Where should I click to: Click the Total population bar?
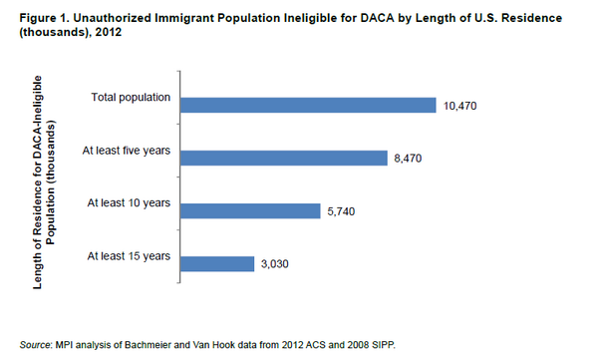point(311,105)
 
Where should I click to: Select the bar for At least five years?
point(286,158)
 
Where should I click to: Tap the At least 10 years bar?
point(252,210)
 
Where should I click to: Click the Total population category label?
point(131,98)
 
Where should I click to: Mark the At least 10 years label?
point(130,203)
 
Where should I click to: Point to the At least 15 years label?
point(130,256)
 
